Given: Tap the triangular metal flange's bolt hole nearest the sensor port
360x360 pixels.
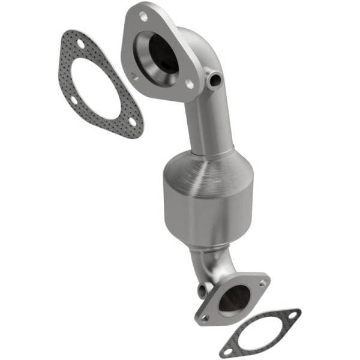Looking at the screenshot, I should pyautogui.click(x=190, y=85).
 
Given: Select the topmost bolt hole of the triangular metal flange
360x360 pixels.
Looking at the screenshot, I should pyautogui.click(x=143, y=17).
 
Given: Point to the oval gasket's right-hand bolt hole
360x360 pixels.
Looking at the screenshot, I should pyautogui.click(x=292, y=314).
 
